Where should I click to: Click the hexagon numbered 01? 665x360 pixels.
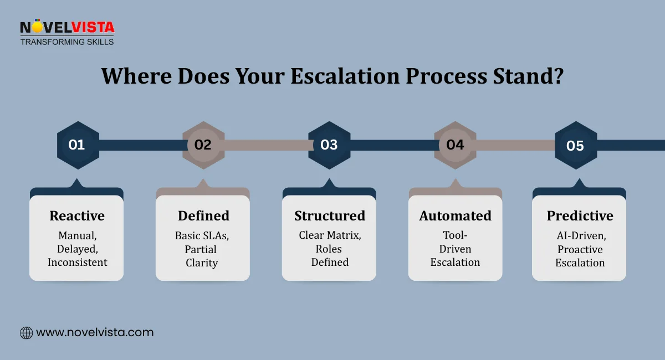78,145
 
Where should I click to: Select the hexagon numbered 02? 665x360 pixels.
203,145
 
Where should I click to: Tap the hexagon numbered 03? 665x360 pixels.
329,145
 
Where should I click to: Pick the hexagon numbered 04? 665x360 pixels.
455,145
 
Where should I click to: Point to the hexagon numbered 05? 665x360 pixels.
576,146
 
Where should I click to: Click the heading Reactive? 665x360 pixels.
77,215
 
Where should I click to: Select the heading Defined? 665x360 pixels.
203,215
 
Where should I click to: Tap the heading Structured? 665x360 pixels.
330,215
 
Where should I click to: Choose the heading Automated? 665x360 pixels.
455,215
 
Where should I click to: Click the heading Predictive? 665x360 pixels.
580,215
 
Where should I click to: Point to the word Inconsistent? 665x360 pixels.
77,263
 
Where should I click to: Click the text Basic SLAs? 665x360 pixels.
202,235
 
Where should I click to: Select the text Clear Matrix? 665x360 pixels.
330,235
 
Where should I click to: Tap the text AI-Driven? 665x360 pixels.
580,235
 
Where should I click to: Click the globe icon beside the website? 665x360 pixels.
26,333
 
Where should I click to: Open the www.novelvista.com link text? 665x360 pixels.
95,333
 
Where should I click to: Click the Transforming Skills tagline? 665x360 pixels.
67,42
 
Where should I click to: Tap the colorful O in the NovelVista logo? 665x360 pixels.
37,27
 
